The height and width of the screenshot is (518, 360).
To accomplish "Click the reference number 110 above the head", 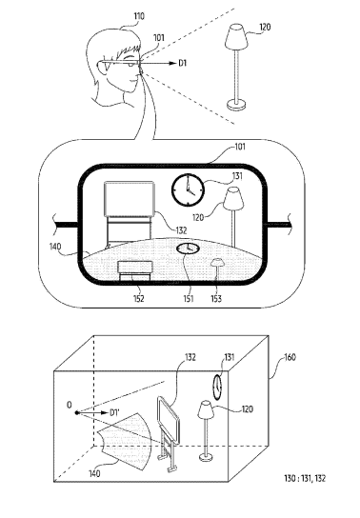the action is click(139, 16).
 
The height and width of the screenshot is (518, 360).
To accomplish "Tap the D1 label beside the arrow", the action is click(183, 63).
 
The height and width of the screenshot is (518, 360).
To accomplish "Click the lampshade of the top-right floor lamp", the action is click(236, 35).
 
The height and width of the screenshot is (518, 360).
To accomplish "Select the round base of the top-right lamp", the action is click(236, 106).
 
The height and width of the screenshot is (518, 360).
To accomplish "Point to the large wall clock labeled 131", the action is click(188, 189).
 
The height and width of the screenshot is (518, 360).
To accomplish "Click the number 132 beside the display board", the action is click(181, 230).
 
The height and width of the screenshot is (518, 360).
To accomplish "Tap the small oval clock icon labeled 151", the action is click(188, 249).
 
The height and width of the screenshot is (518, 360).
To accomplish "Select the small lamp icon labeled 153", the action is click(217, 269).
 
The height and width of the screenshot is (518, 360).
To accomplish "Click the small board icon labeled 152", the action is click(135, 270).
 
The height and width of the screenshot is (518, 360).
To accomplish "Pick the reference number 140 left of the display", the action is click(55, 247).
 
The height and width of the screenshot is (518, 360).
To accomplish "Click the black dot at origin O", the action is click(77, 412).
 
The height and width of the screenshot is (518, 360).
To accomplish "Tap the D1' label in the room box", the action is click(114, 412).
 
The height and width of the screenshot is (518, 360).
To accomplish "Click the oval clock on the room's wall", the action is click(217, 387).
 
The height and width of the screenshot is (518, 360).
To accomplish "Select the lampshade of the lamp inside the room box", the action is click(206, 409).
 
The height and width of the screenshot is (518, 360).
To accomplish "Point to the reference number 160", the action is click(290, 357).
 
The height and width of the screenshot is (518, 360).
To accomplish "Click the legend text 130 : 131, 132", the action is click(305, 478).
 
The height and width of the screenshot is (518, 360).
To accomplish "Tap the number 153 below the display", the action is click(216, 299).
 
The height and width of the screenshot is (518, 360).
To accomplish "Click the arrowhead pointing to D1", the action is click(171, 63).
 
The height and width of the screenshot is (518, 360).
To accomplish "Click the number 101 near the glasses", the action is click(159, 38).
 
